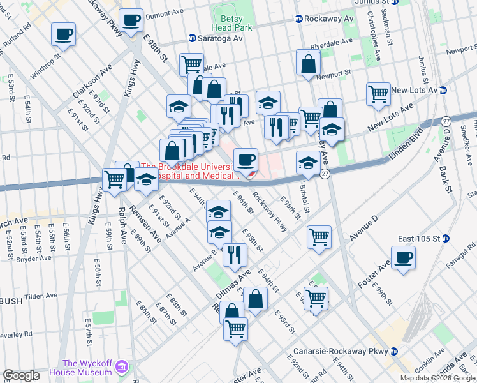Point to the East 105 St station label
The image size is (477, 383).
(445, 239)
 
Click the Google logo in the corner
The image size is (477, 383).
(21, 375)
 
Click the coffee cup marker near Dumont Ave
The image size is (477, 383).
(131, 20)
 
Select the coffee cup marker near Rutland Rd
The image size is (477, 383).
(63, 34)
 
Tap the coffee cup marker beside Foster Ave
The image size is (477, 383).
(403, 259)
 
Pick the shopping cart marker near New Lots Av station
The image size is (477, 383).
(378, 94)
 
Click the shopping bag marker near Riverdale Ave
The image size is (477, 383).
(309, 63)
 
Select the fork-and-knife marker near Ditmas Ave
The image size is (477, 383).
(235, 254)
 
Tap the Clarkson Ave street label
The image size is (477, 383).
(92, 81)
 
